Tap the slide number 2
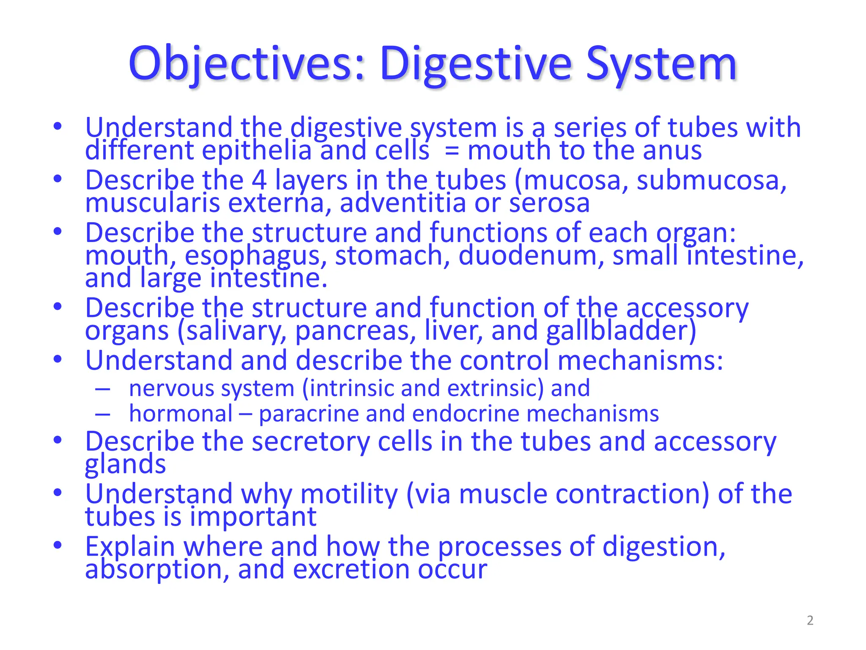(810, 620)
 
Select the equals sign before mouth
(452, 151)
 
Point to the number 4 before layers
(259, 180)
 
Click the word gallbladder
(621, 331)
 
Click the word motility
(349, 494)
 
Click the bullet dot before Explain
(58, 545)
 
